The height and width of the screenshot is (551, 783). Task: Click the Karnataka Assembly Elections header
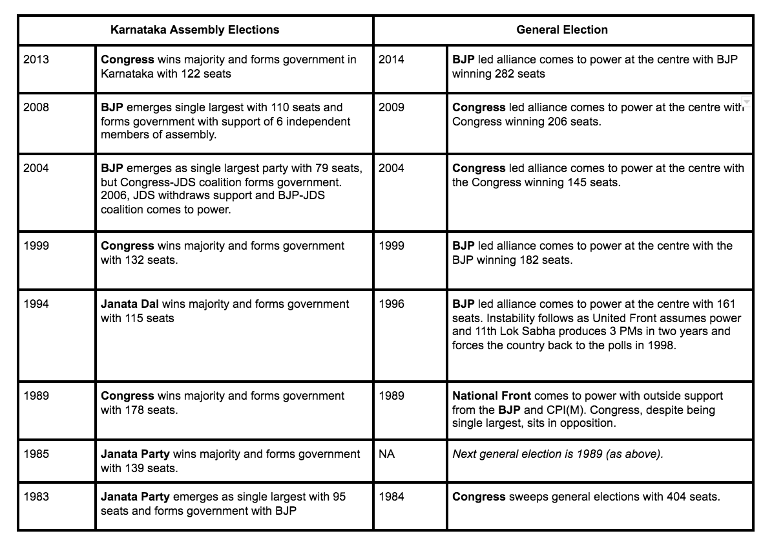[194, 30]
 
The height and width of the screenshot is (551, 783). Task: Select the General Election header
[562, 30]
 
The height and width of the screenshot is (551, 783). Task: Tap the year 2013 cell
[36, 60]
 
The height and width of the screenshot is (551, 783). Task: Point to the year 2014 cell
[391, 60]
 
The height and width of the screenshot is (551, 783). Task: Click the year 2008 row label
[36, 107]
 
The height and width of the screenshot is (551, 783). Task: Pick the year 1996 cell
[391, 305]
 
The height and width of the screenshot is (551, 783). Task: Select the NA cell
[386, 455]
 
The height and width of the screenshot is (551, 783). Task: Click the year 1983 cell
[36, 497]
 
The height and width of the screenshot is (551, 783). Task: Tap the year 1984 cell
[391, 497]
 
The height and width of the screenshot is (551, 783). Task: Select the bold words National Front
[492, 396]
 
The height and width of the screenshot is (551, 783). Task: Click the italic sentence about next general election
[558, 455]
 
